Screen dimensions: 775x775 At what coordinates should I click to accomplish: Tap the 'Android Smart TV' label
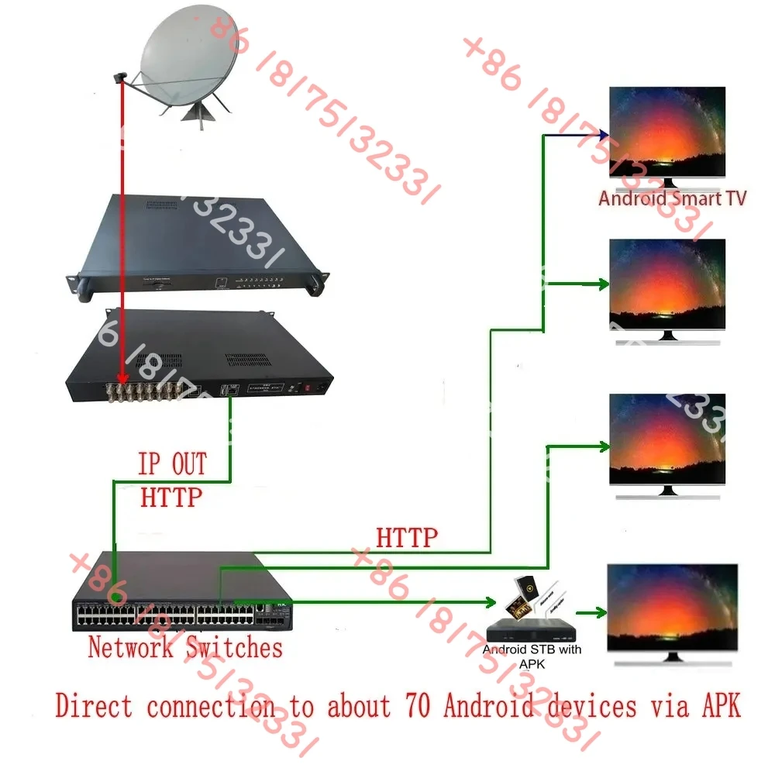point(672,198)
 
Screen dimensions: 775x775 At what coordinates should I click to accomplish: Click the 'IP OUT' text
point(172,465)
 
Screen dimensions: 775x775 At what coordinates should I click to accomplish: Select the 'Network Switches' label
point(185,646)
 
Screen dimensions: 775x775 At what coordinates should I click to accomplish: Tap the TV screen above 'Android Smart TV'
point(667,131)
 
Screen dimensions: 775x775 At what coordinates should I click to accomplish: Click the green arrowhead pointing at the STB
point(490,601)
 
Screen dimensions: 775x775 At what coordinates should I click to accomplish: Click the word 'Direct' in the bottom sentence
point(94,706)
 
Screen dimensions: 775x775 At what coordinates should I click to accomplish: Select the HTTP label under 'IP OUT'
point(171,497)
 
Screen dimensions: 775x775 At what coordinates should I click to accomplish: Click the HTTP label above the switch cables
point(407,536)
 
